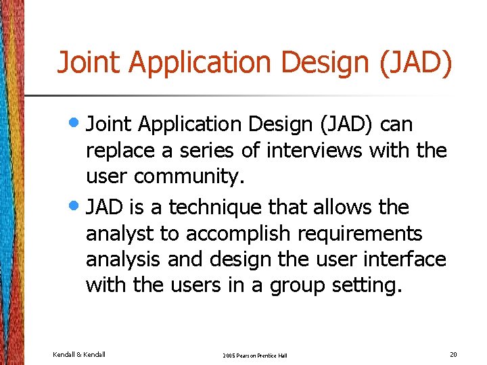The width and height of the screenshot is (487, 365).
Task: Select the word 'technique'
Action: [x=225, y=207]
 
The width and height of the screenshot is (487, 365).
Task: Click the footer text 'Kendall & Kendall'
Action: [x=79, y=354]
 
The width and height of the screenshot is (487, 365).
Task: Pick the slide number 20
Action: [x=453, y=354]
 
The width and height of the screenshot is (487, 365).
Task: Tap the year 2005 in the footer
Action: [x=230, y=356]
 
